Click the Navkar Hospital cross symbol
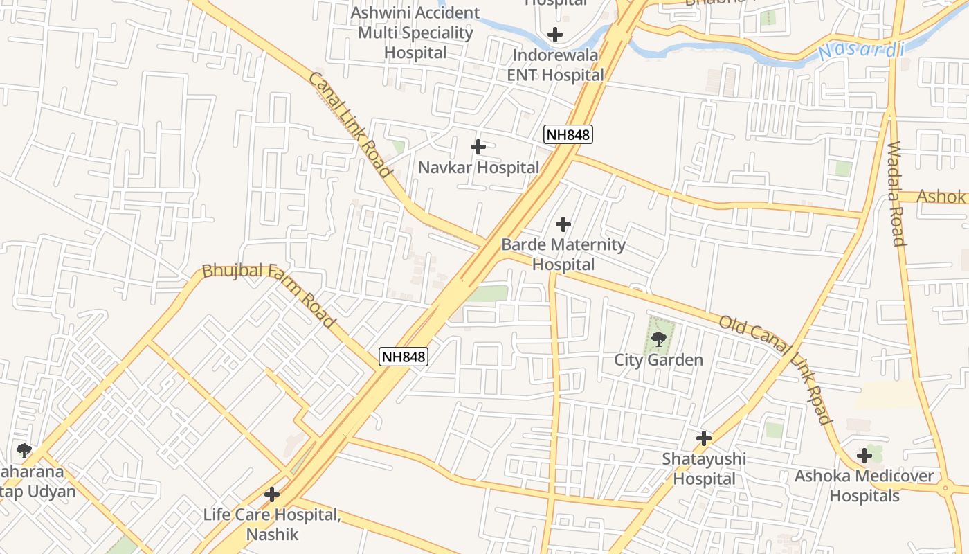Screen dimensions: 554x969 point(478,147)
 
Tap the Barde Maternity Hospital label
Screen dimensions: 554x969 point(563,254)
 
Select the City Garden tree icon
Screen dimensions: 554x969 point(658,339)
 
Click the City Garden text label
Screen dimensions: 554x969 point(658,360)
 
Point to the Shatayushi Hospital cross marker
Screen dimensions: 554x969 point(704,438)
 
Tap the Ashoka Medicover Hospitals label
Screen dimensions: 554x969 point(864,486)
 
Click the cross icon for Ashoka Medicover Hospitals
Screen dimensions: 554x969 point(864,456)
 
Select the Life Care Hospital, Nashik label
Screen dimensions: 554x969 point(272,524)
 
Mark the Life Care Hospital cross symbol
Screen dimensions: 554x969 point(272,494)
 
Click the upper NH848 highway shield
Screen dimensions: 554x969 point(568,135)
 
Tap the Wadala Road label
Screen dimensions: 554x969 point(896,194)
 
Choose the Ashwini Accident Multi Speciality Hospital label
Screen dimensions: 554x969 point(415,33)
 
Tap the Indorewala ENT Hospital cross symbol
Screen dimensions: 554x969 point(554,34)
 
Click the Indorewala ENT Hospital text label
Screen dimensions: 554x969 point(556,65)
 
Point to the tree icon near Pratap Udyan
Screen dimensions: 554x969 point(24,452)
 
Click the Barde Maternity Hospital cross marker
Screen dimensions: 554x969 point(563,224)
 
